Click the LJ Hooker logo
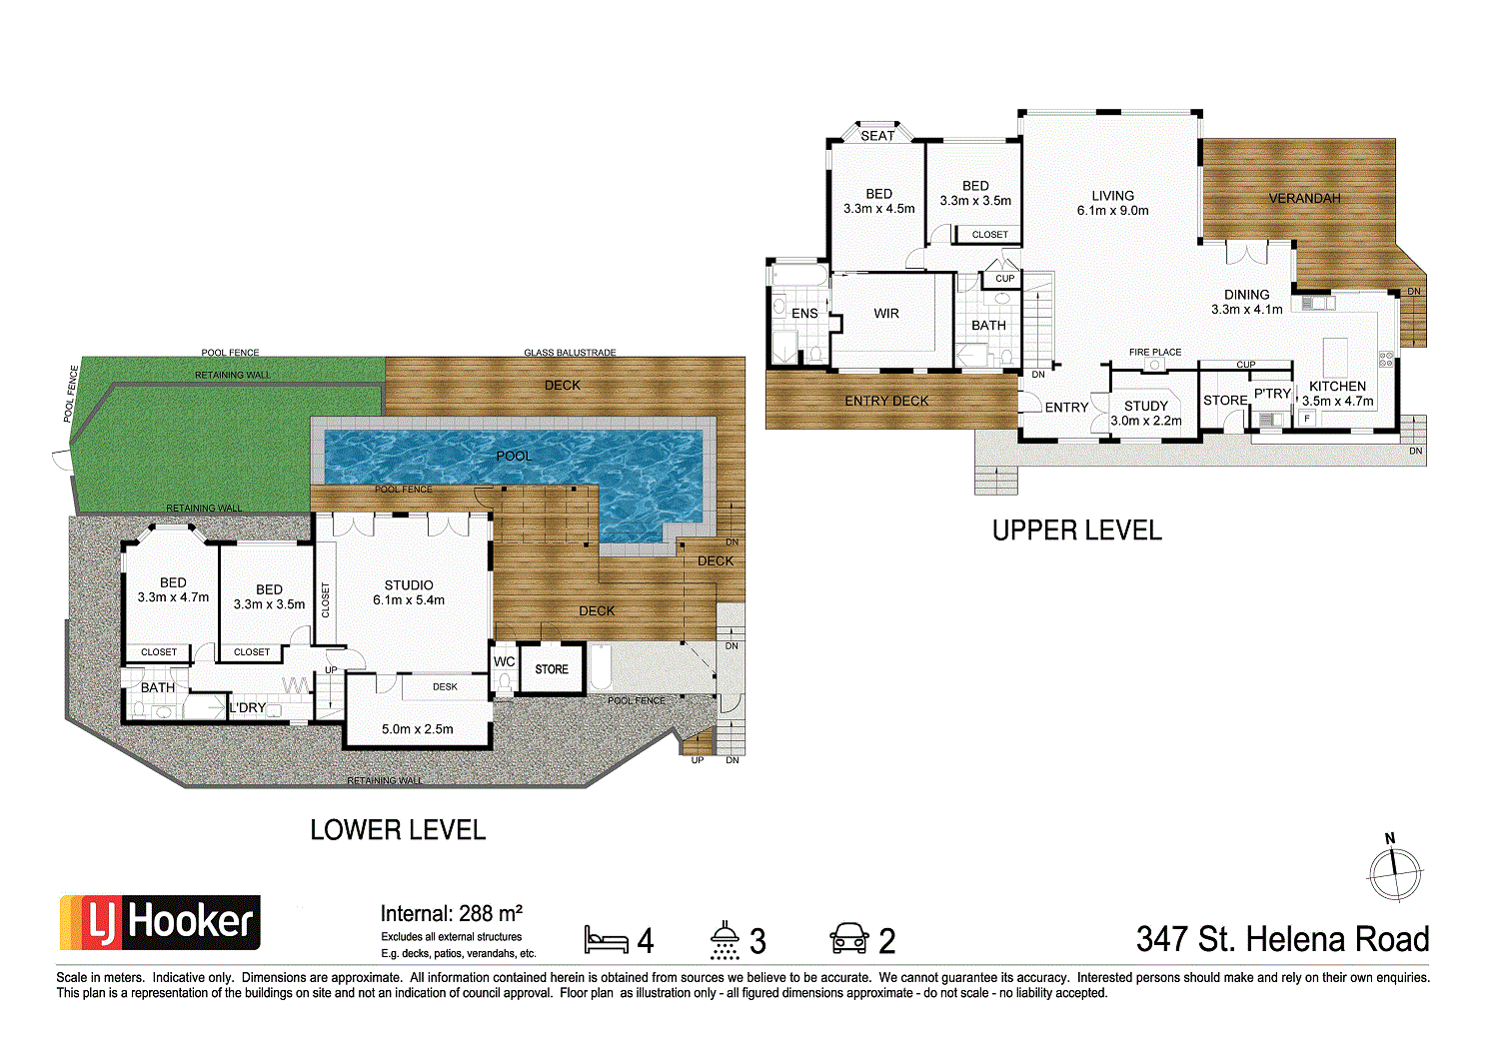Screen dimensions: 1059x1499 (x=161, y=922)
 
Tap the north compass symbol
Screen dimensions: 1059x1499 (x=1394, y=873)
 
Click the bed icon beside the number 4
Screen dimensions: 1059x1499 (x=606, y=940)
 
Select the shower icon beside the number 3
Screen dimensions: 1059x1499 (x=726, y=940)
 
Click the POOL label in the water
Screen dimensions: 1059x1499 (x=514, y=456)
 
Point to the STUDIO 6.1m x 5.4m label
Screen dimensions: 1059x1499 (x=409, y=592)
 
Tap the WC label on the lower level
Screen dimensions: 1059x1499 (x=504, y=661)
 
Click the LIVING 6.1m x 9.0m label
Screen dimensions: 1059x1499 (x=1112, y=203)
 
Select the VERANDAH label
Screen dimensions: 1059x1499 (x=1304, y=198)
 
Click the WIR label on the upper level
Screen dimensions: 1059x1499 (x=886, y=314)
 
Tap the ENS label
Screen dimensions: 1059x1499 (x=804, y=314)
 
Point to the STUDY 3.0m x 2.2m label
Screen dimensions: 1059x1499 (x=1146, y=413)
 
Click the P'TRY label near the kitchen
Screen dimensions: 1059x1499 (x=1272, y=394)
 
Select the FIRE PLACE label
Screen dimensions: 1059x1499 (x=1155, y=352)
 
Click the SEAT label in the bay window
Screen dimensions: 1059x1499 (x=877, y=136)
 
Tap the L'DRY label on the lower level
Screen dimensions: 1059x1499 (x=247, y=707)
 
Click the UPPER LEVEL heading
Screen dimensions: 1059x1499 (x=1076, y=530)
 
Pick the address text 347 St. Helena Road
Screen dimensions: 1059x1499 (x=1282, y=939)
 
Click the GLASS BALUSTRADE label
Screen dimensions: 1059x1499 (x=570, y=353)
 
